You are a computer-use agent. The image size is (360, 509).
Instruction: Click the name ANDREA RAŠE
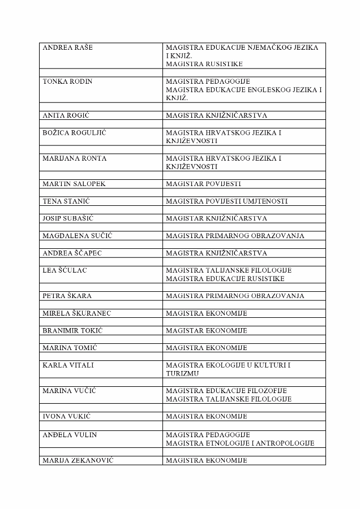(x=67, y=48)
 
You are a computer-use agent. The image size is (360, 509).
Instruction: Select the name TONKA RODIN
(x=67, y=81)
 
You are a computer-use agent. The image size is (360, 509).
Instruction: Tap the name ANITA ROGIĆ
(x=66, y=115)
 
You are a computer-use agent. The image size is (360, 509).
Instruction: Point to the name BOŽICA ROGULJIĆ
(x=74, y=133)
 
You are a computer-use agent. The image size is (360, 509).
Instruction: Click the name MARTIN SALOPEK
(x=74, y=184)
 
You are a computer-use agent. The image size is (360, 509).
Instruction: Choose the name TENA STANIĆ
(x=67, y=201)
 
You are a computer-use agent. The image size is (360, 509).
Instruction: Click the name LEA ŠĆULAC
(x=65, y=270)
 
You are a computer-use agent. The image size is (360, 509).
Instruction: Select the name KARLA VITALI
(x=68, y=365)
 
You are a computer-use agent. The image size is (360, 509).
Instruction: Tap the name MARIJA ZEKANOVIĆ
(x=78, y=460)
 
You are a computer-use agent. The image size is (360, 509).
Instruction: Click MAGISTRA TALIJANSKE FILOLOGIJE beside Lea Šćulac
(x=229, y=270)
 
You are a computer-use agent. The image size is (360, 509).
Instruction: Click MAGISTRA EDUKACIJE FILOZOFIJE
(x=226, y=391)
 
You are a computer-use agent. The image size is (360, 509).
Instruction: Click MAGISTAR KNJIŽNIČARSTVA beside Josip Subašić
(x=216, y=218)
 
